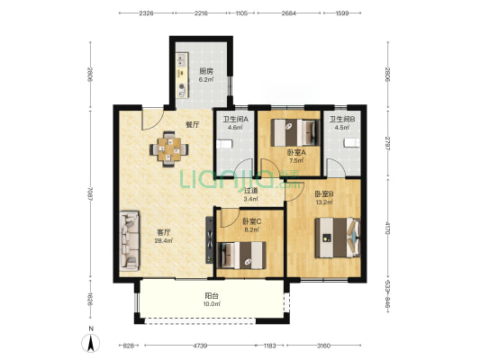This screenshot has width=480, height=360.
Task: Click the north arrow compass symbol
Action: click(x=90, y=343)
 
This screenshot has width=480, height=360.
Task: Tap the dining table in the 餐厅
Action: click(x=169, y=149)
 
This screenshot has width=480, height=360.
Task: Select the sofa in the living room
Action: click(x=129, y=240)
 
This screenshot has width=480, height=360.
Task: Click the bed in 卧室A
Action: click(x=294, y=132)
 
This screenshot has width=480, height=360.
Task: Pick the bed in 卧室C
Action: click(x=241, y=255)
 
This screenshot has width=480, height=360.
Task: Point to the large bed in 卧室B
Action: click(x=338, y=238)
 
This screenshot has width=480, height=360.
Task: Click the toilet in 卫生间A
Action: click(x=224, y=144)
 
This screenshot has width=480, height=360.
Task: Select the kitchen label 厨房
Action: click(x=205, y=72)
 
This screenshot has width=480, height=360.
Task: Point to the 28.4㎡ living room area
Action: click(x=164, y=240)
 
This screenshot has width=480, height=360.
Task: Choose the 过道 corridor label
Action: click(x=250, y=191)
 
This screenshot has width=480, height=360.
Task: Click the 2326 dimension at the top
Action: click(x=146, y=13)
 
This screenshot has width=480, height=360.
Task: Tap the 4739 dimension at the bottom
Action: click(x=200, y=346)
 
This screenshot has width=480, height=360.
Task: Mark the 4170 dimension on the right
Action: click(x=388, y=228)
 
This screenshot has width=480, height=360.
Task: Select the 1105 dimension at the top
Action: click(x=241, y=13)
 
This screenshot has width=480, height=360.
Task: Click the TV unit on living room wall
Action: click(x=210, y=239)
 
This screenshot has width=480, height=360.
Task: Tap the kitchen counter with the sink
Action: click(x=182, y=76)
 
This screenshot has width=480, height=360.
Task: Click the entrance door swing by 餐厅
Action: click(x=152, y=119)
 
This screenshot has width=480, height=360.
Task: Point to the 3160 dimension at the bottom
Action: click(x=323, y=346)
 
